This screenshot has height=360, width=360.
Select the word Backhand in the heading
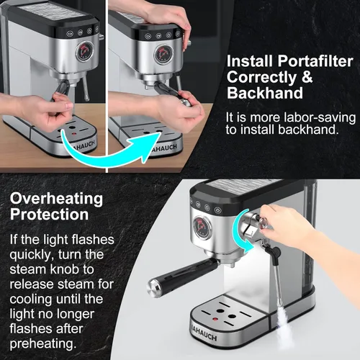pyautogui.click(x=256, y=94)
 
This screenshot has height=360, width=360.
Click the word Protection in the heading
pyautogui.click(x=50, y=215)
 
